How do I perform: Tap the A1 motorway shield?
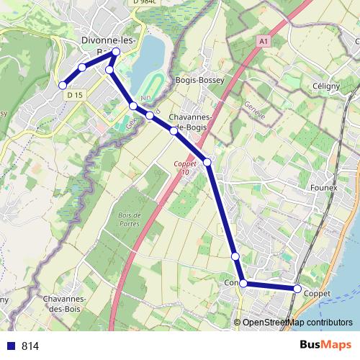point(264,42)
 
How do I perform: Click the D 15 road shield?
point(73,94)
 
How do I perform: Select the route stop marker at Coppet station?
point(297,289)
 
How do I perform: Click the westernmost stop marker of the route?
point(63,86)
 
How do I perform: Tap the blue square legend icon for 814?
point(10,346)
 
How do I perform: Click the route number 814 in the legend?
point(30,346)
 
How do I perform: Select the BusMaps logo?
point(325,346)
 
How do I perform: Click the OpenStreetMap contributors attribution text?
point(297,322)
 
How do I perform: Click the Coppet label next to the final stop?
point(317,294)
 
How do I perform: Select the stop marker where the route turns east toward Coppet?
point(243,284)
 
